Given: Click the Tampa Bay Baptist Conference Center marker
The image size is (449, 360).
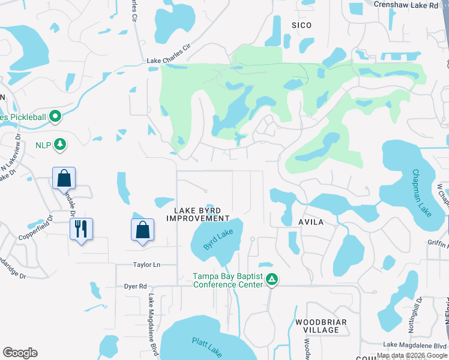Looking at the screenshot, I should pyautogui.click(x=272, y=279).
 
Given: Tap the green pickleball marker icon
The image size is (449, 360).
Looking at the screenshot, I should pyautogui.click(x=56, y=116).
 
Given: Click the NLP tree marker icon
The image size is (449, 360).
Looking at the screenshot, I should pyautogui.click(x=59, y=144).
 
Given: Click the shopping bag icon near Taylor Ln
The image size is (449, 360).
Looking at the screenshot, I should pyautogui.click(x=142, y=230).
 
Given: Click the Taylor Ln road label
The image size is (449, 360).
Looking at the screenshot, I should pyautogui.click(x=146, y=265).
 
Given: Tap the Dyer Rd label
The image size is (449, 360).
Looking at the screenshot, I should pyautogui.click(x=135, y=287).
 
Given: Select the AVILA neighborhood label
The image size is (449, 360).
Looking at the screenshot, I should pyautogui.click(x=310, y=223).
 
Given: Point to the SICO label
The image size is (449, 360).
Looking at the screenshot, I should pyautogui.click(x=301, y=25).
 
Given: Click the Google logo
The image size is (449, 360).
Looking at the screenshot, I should pyautogui.click(x=20, y=353).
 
